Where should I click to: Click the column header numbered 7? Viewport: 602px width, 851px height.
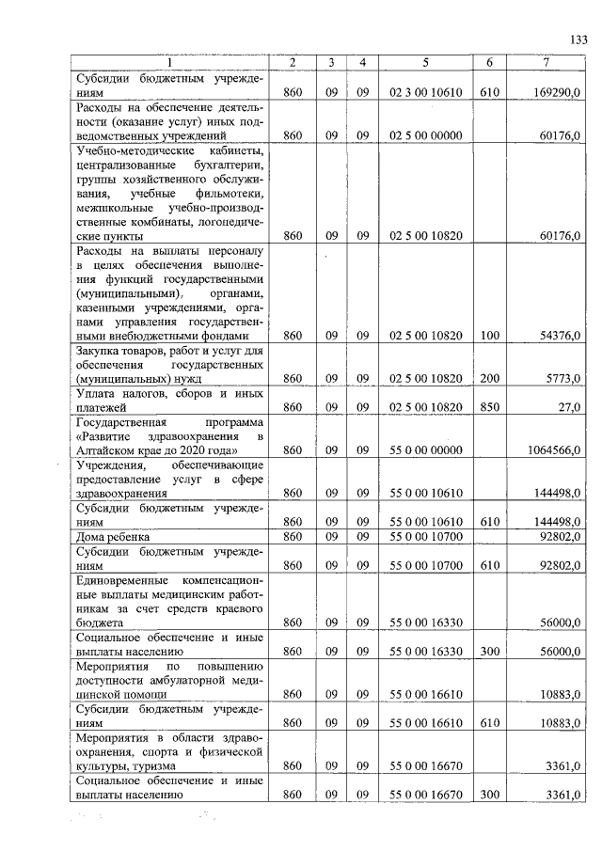point(548,62)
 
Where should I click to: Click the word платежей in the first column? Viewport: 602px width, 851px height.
point(103,407)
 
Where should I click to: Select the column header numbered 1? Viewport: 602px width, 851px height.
point(170,62)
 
